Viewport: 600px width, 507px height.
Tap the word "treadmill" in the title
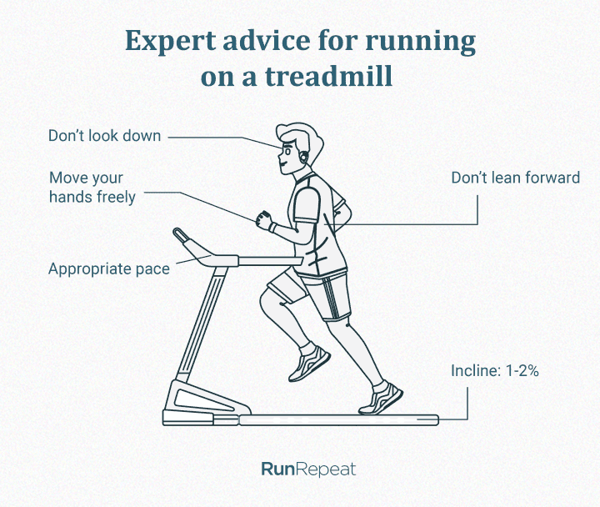pyautogui.click(x=328, y=76)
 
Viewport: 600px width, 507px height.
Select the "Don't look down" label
pyautogui.click(x=104, y=136)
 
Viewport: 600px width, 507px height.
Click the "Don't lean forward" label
pyautogui.click(x=516, y=178)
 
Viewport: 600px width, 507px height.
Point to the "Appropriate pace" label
pyautogui.click(x=109, y=269)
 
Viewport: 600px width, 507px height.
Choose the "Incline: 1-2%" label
pyautogui.click(x=495, y=371)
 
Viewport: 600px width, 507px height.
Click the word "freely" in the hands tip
pyautogui.click(x=117, y=197)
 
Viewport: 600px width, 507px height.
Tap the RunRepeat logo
pyautogui.click(x=308, y=469)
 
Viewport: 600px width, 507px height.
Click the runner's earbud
pyautogui.click(x=304, y=157)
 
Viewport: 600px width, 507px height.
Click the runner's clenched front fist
pyautogui.click(x=264, y=220)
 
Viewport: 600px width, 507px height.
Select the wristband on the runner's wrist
pyautogui.click(x=272, y=227)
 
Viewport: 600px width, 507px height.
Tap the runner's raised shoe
pyautogui.click(x=309, y=363)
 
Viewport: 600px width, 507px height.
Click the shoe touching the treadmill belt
pyautogui.click(x=380, y=399)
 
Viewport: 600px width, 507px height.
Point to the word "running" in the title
pyautogui.click(x=421, y=43)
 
